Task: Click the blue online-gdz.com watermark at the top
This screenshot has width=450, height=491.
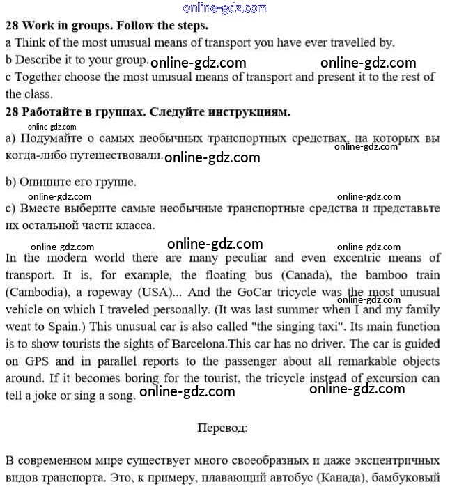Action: pos(224,8)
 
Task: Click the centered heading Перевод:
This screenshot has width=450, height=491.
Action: pos(223,427)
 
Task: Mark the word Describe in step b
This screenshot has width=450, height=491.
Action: pos(38,59)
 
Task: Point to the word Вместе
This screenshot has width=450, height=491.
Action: pos(41,208)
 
